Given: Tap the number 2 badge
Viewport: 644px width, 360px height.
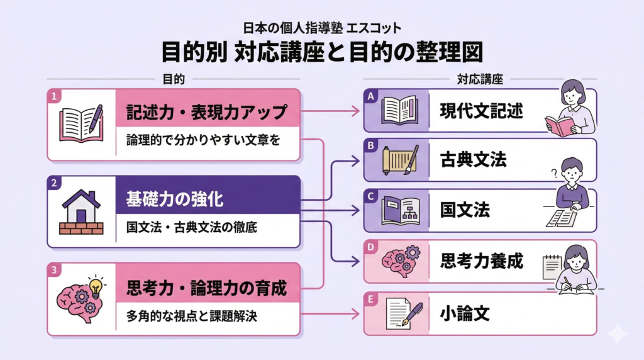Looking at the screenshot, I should (55, 183).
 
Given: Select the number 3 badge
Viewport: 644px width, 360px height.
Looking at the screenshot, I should (55, 271).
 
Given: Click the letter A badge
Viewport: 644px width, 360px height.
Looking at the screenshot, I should (371, 96).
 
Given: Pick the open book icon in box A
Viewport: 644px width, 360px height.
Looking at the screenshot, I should (400, 110).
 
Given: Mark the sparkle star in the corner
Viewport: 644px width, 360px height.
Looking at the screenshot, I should (619, 334).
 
